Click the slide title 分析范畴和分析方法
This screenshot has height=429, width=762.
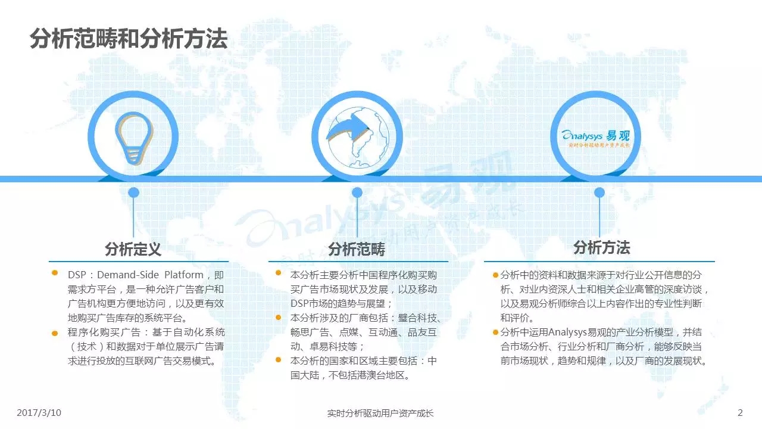point(129,39)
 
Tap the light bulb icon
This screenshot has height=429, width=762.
point(134,138)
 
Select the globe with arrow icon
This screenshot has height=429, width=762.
point(358,137)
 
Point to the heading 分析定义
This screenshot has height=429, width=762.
point(133,249)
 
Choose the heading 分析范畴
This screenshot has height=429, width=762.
point(357,249)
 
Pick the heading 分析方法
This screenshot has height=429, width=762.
point(601,247)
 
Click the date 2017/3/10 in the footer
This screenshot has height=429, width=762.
point(39,413)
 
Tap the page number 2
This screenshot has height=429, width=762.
point(740,413)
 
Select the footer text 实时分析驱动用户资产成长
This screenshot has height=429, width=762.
point(380,413)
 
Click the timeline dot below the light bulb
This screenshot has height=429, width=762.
point(133,192)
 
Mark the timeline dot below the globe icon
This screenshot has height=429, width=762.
point(357,192)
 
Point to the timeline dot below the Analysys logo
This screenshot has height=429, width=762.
point(599,192)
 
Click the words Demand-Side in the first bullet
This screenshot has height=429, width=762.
point(128,275)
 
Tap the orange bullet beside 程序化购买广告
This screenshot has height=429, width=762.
point(54,333)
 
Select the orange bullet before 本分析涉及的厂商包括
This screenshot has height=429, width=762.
point(278,318)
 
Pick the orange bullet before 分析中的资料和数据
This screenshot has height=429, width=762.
point(496,275)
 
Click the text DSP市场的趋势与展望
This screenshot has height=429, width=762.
point(341,303)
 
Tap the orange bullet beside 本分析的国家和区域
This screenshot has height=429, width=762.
point(278,359)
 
